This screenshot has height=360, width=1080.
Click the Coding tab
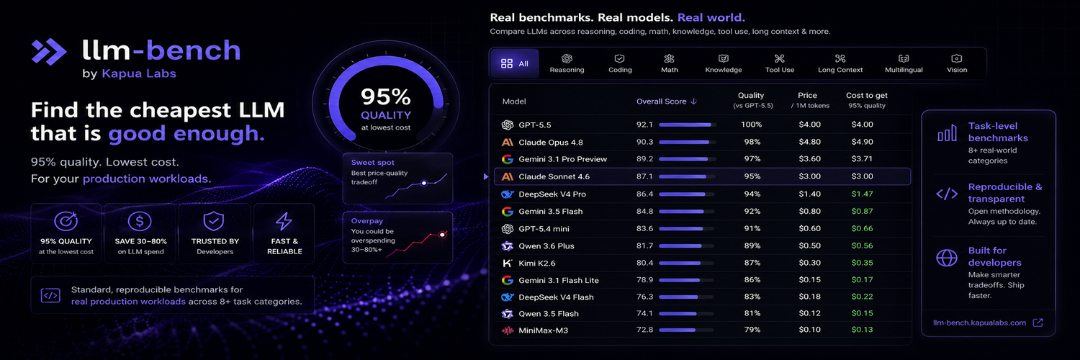(619, 63)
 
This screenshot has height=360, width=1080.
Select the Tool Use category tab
(780, 63)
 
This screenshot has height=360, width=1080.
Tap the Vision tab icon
(957, 58)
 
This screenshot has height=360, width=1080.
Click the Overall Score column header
(666, 102)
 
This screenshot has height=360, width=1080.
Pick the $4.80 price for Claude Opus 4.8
(809, 142)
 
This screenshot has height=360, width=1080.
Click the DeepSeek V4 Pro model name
(552, 194)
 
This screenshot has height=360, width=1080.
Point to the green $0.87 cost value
(862, 211)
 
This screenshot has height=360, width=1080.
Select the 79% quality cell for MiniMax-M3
(752, 330)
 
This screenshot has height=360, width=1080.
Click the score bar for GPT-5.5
(688, 125)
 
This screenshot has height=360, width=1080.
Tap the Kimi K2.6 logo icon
(507, 263)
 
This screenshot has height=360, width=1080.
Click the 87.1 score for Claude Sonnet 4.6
(644, 176)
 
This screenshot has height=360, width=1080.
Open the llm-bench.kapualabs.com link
(979, 323)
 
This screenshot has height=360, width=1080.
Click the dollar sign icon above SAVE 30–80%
(140, 221)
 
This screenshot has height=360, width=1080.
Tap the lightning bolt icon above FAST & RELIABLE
(284, 221)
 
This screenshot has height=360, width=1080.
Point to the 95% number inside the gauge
(386, 97)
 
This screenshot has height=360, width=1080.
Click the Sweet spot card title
(373, 163)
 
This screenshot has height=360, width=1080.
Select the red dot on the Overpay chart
(442, 235)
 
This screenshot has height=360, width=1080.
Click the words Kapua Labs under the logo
(139, 73)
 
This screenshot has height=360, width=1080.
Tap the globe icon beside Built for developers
(947, 258)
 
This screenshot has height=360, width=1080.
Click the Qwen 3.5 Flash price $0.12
(809, 313)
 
